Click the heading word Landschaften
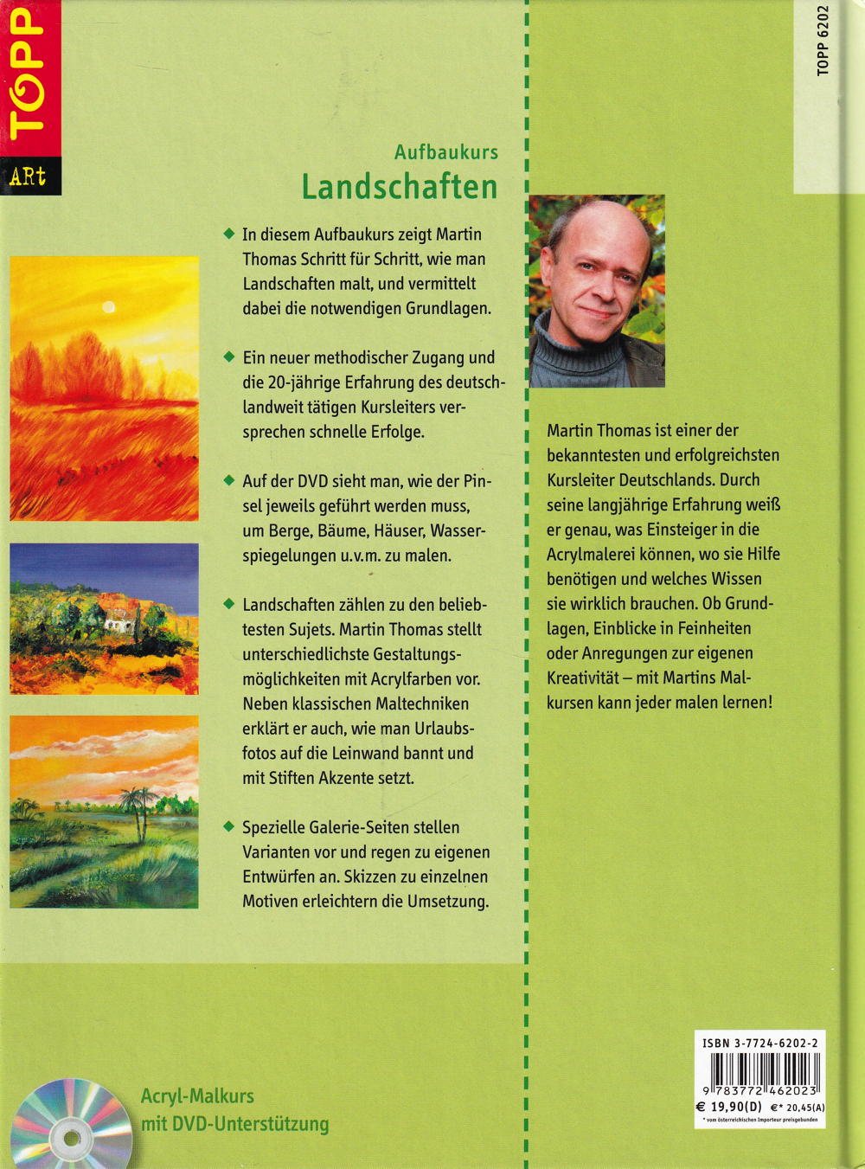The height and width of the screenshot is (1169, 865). tap(399, 187)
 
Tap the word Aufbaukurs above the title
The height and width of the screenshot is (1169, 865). tap(446, 151)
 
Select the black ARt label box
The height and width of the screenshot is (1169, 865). tap(28, 177)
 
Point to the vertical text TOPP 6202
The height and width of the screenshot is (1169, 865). tap(823, 41)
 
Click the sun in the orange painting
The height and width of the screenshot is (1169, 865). tap(108, 305)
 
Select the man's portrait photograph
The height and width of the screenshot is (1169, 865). tap(597, 291)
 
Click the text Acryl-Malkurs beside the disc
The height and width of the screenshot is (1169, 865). tap(197, 1096)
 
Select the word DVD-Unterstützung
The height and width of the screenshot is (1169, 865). tap(251, 1124)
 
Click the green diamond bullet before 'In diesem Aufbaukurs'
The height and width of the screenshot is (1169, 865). tap(228, 234)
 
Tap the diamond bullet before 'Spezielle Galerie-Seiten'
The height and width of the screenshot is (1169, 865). tap(228, 827)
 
